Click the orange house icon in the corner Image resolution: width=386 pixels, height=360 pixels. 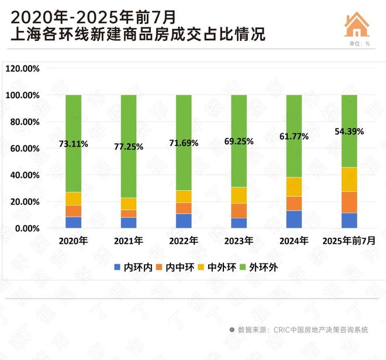tap(357, 24)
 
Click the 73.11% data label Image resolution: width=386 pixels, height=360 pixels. tap(73, 143)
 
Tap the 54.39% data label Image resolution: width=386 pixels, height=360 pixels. tap(349, 131)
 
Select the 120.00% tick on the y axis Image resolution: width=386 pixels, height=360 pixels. tap(22, 68)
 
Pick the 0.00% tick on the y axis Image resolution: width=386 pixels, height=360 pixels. tap(27, 229)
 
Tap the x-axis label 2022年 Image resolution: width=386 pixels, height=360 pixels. tap(184, 241)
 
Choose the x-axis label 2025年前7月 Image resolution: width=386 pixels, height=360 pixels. tap(349, 241)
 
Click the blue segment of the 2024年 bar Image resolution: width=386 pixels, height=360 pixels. tap(294, 220)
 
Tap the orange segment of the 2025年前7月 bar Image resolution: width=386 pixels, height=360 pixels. tap(349, 202)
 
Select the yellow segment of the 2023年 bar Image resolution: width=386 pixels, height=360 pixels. tap(239, 195)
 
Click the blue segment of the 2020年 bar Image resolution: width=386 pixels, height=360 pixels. tap(73, 223)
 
